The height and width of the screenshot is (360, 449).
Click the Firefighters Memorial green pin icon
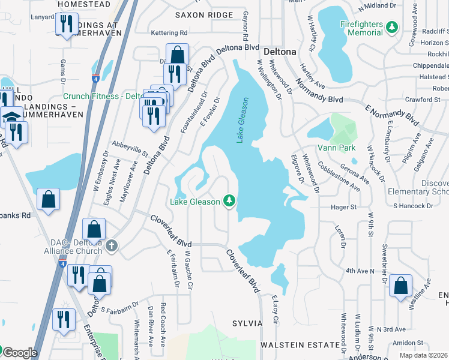[x=392, y=27]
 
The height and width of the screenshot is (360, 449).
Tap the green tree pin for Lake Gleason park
[x=229, y=201]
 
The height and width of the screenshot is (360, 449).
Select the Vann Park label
[x=337, y=148]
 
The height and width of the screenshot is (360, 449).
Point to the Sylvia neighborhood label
[x=247, y=323]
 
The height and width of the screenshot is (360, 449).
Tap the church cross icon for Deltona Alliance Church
[x=111, y=246]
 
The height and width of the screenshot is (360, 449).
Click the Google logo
[x=19, y=353]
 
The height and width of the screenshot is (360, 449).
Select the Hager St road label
[x=344, y=207]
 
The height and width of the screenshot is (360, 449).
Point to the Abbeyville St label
[x=130, y=149]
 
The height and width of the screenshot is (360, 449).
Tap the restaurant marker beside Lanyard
[x=65, y=23]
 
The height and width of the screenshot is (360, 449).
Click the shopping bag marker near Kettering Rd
[x=178, y=55]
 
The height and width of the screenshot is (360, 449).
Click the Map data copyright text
[x=423, y=355]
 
